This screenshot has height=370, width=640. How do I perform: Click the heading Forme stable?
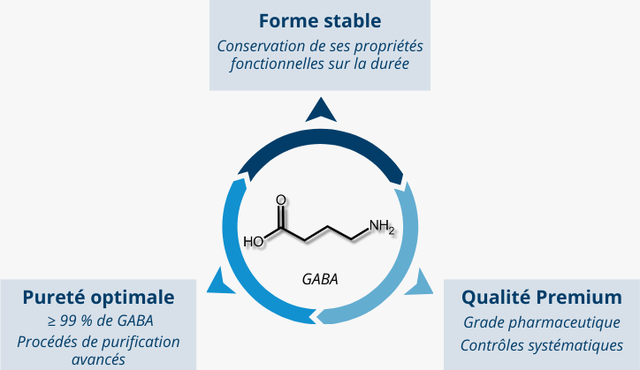[320, 19]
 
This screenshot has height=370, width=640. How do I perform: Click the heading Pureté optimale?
[98, 296]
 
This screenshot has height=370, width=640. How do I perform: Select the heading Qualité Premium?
[541, 296]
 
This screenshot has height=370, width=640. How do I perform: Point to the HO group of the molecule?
[254, 240]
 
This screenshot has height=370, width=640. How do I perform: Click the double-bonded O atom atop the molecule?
[281, 200]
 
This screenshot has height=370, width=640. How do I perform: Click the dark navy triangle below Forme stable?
[320, 109]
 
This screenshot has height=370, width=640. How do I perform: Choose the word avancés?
[98, 359]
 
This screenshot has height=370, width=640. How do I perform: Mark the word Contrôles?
[490, 344]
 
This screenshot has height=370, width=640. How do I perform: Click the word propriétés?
[390, 46]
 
